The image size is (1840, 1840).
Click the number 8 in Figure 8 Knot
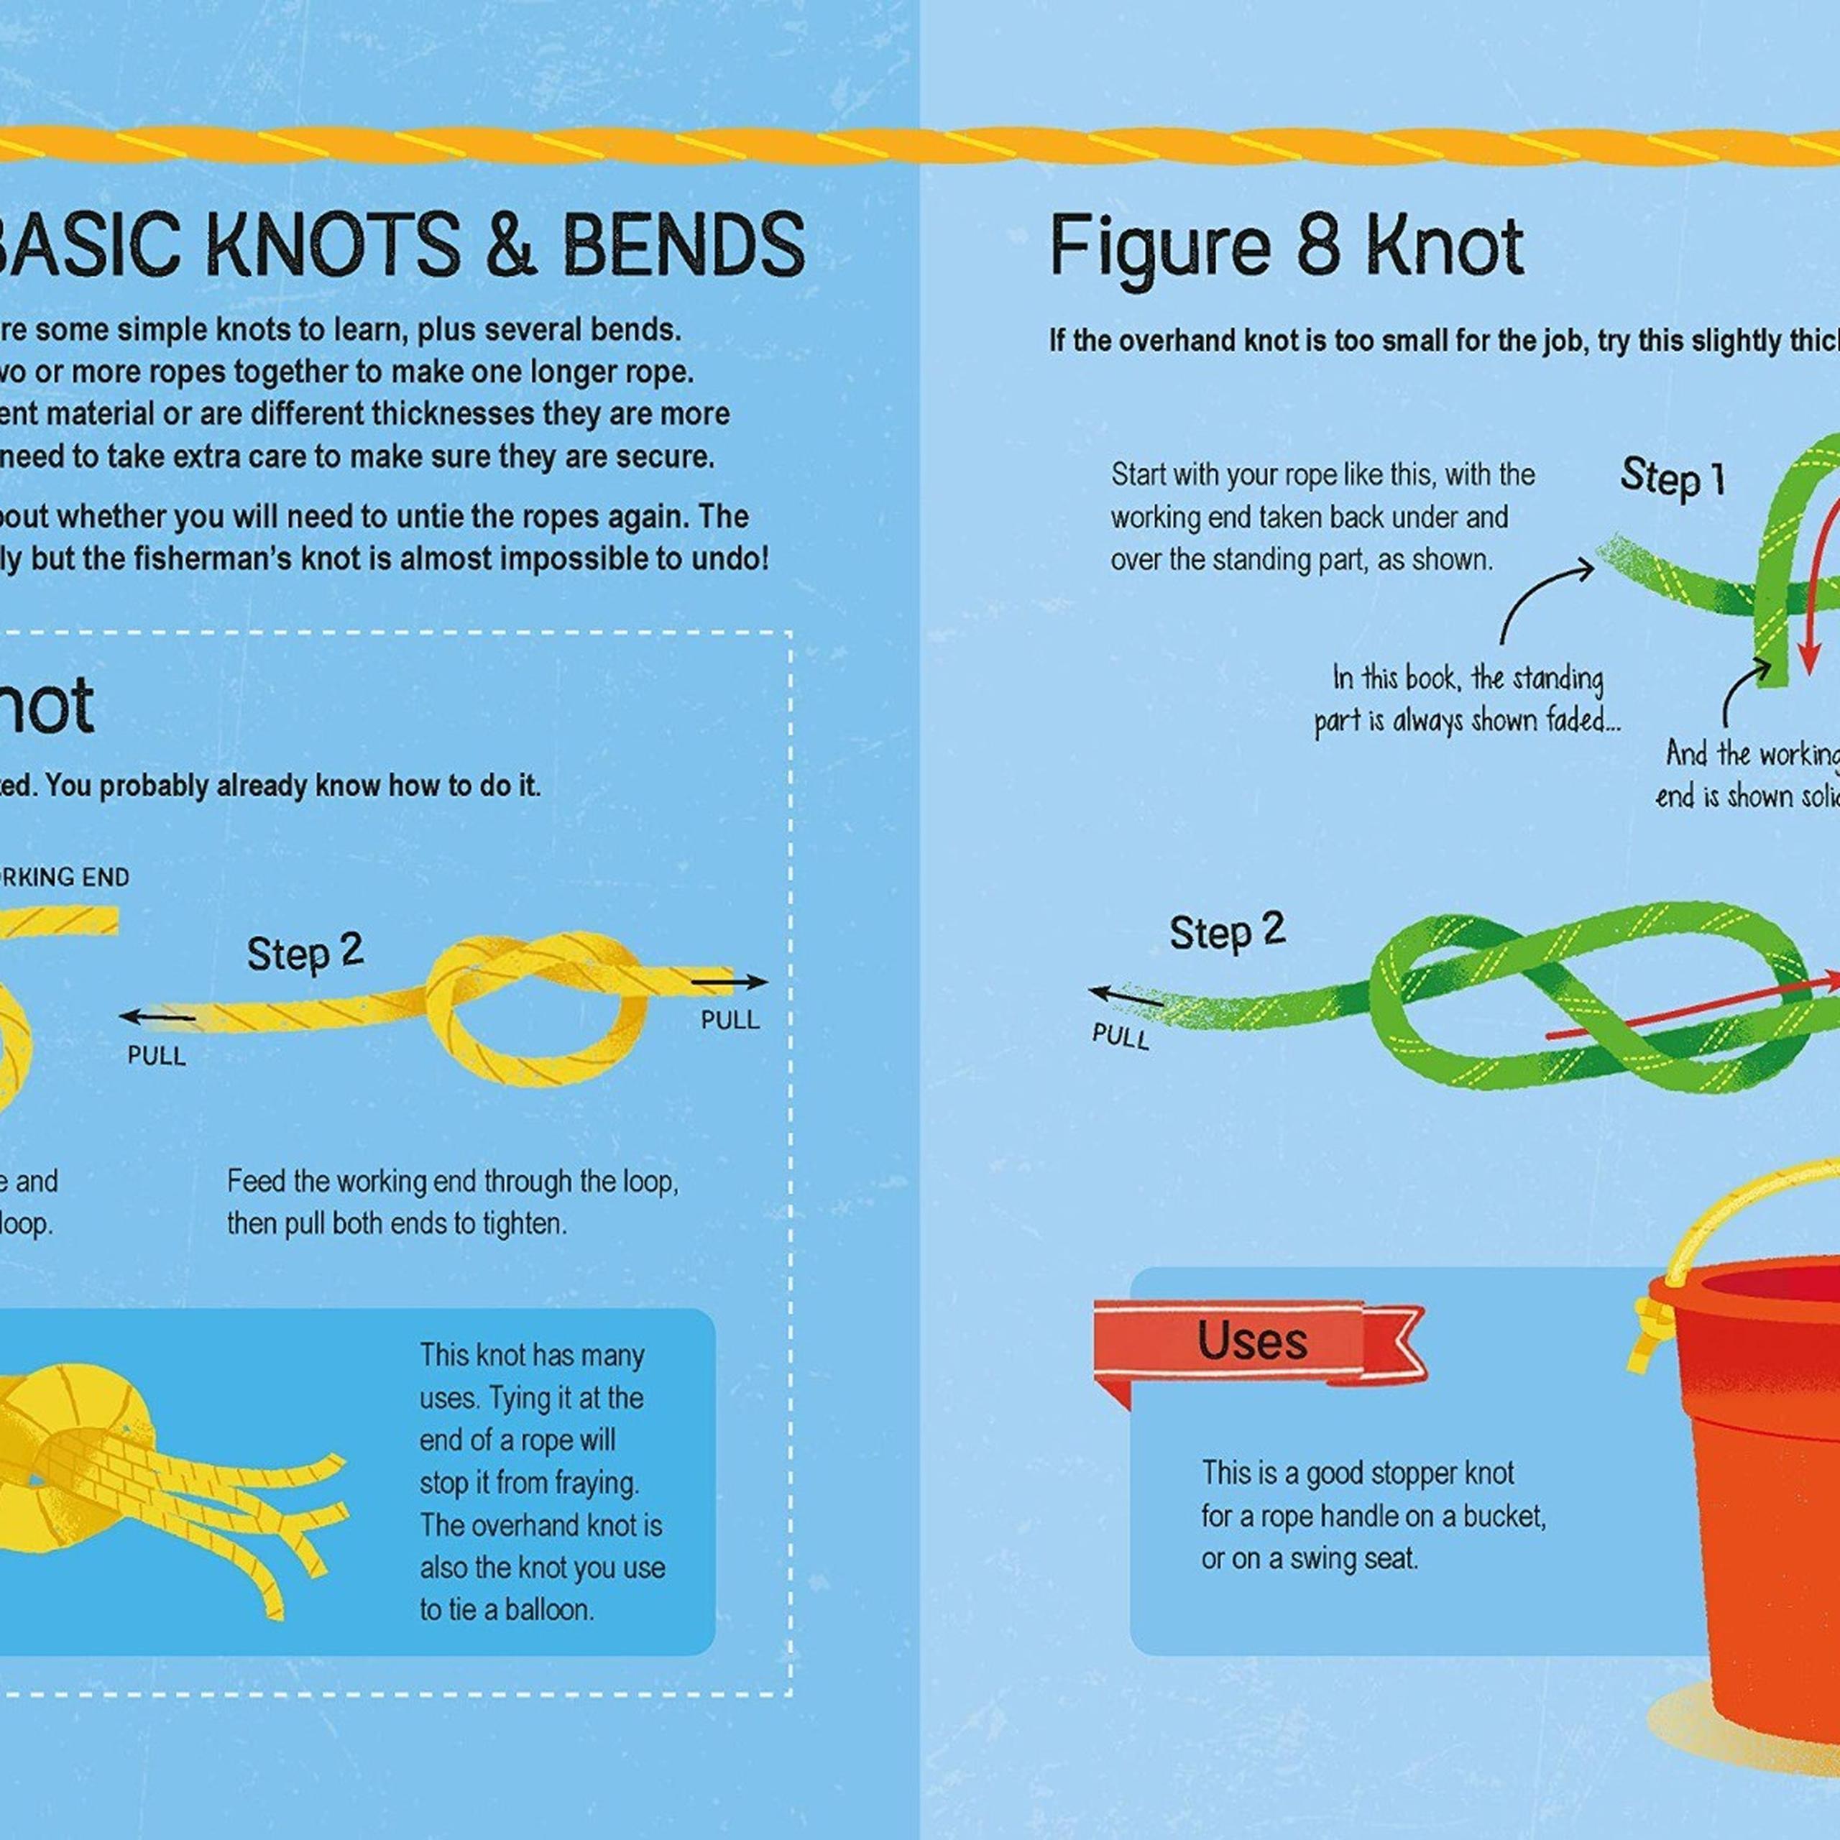coord(1318,247)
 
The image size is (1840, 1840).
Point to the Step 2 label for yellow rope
coord(305,952)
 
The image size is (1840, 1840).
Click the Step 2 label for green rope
coord(1227,931)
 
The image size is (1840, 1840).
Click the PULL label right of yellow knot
coord(730,1020)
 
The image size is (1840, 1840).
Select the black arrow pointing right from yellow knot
coord(730,982)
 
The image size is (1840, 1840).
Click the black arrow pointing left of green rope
coord(1124,996)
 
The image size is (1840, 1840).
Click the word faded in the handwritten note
coord(1581,720)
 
